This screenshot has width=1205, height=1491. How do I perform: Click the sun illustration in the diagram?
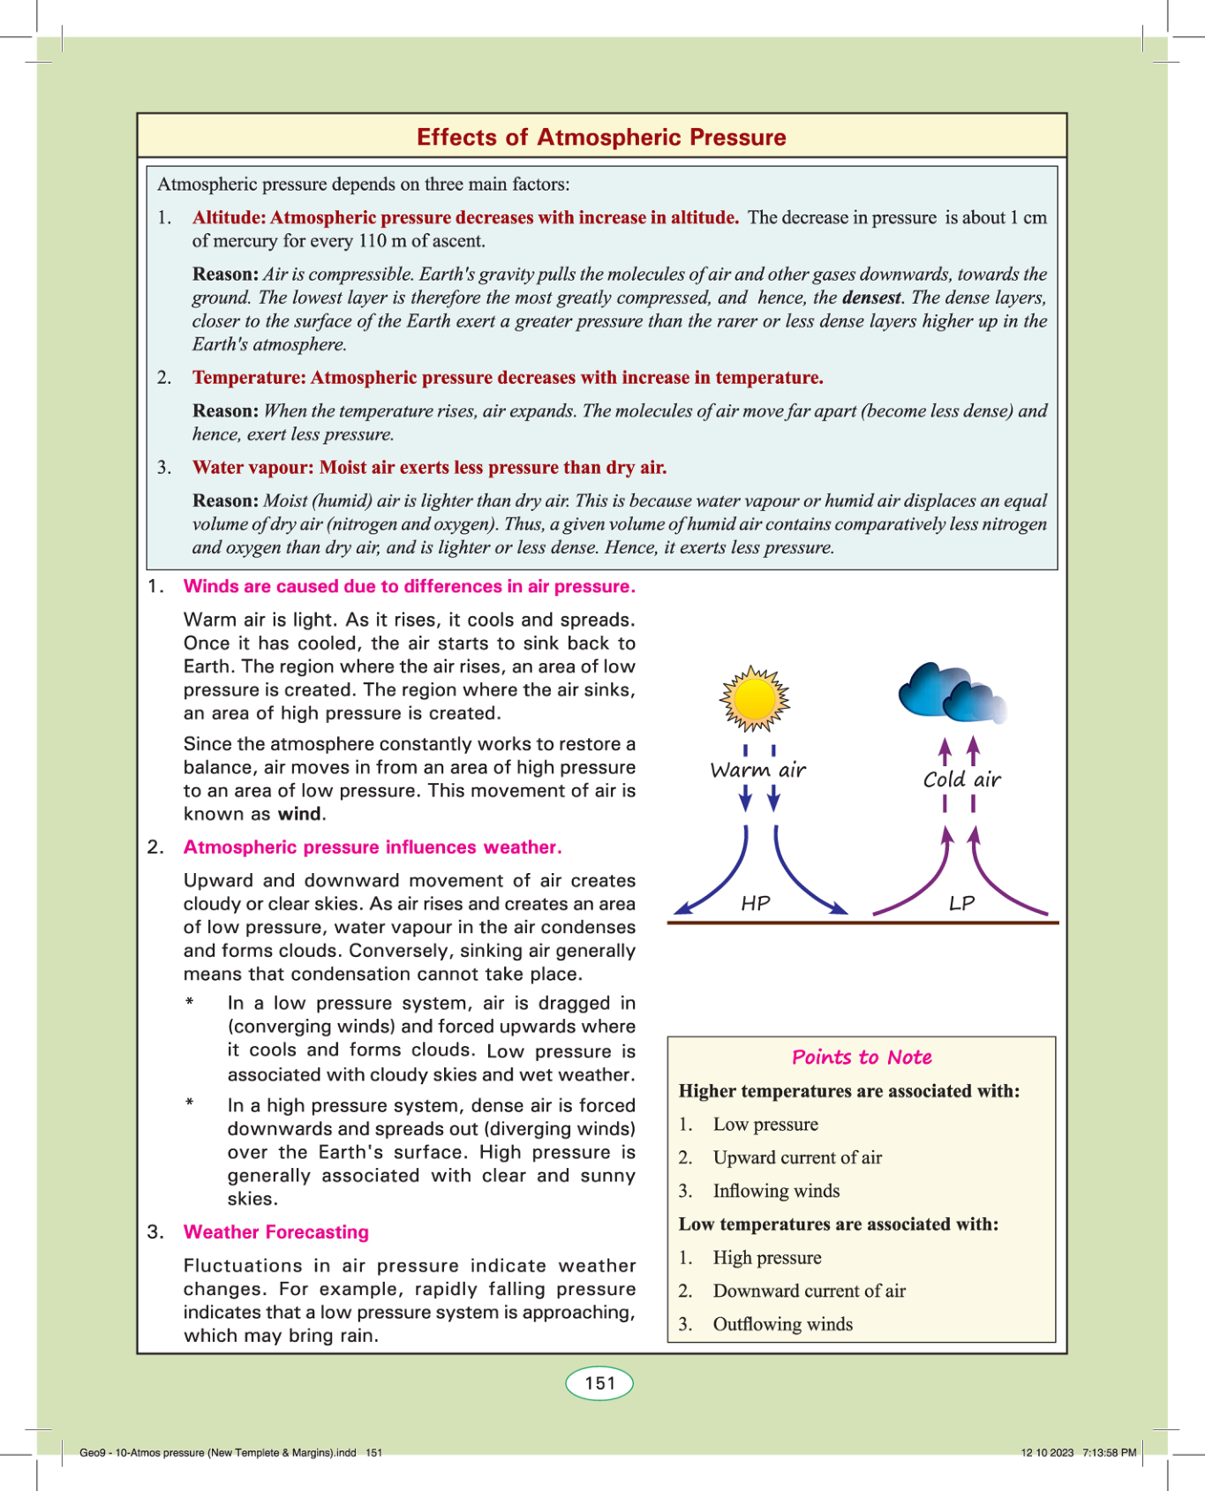(x=754, y=699)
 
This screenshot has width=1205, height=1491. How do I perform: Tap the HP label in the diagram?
(x=756, y=903)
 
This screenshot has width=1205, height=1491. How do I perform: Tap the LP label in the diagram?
(x=961, y=903)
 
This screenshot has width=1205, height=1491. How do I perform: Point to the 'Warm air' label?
(x=758, y=770)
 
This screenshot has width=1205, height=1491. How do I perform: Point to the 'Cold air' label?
(x=961, y=779)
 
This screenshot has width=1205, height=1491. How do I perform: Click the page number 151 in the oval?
(x=599, y=1383)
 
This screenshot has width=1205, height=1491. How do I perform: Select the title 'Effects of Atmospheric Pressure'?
(x=601, y=137)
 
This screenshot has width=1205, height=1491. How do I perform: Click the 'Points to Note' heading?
(x=862, y=1057)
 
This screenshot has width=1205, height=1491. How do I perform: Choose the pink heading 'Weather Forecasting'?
(x=276, y=1231)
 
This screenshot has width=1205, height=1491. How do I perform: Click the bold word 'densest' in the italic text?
(x=871, y=297)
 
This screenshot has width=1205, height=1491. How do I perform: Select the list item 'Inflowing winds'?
(x=776, y=1191)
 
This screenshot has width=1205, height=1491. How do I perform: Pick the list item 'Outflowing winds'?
(x=782, y=1324)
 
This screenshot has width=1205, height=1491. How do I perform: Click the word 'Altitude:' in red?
(x=230, y=218)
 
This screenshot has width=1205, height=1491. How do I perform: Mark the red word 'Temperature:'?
(x=249, y=378)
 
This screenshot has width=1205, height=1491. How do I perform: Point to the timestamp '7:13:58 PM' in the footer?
(x=1110, y=1453)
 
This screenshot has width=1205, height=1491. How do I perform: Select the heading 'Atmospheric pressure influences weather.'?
(x=373, y=847)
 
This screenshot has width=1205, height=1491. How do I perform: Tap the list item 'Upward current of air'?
(x=797, y=1157)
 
